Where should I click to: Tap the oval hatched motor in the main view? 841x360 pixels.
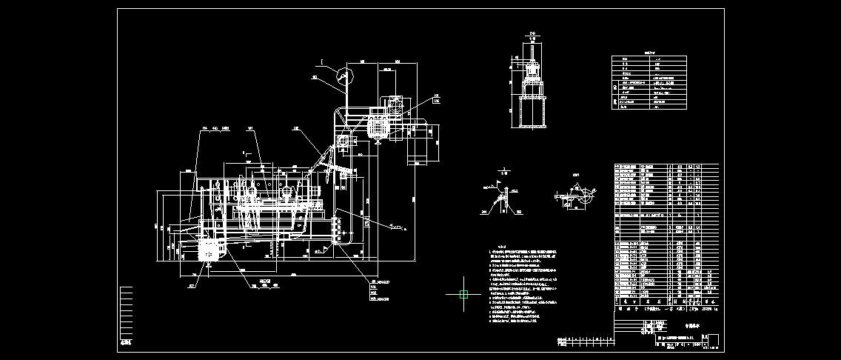379,127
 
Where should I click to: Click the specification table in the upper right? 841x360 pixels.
649,83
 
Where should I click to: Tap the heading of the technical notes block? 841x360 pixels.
500,247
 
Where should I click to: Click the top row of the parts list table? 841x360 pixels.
666,166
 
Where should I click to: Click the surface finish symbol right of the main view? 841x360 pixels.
397,227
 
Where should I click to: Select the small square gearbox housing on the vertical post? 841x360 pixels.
343,141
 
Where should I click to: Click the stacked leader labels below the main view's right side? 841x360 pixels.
379,290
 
